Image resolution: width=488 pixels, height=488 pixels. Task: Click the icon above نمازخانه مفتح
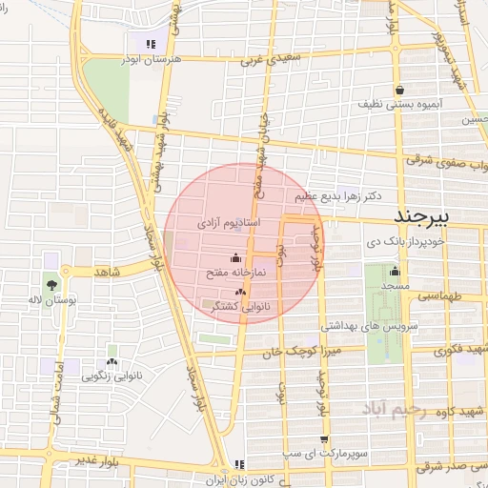coord(235,257)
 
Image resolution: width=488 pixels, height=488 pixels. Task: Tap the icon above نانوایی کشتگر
coord(240,293)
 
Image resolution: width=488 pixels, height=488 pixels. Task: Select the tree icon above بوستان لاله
coord(51,284)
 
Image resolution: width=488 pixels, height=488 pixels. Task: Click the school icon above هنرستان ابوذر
coord(150,43)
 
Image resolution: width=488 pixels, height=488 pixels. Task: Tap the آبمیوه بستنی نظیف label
coord(398,101)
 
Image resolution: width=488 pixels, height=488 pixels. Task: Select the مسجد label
coord(395,286)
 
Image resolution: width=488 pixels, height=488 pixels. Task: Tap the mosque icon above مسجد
coord(395,271)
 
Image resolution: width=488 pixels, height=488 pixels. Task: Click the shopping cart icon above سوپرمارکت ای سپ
coord(326,439)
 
